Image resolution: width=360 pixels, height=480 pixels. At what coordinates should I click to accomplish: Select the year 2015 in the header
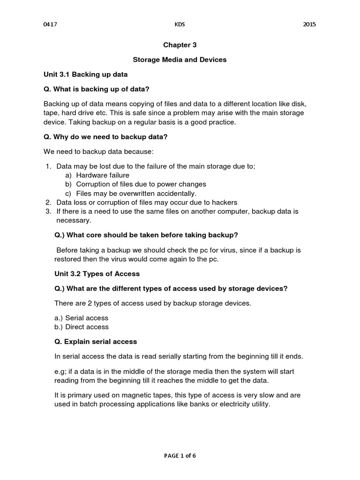coord(309,24)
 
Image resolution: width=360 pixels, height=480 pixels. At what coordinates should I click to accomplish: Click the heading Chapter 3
coord(180,45)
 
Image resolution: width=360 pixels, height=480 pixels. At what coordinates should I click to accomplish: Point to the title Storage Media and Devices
coord(180,60)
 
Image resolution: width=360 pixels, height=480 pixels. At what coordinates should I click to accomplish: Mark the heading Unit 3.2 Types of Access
coord(97,273)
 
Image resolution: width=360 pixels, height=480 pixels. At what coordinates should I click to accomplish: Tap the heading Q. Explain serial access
coord(96,341)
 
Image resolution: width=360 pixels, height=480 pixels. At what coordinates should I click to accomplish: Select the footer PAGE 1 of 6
coord(180,455)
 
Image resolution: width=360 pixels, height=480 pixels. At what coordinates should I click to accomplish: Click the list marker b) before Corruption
coord(68,184)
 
